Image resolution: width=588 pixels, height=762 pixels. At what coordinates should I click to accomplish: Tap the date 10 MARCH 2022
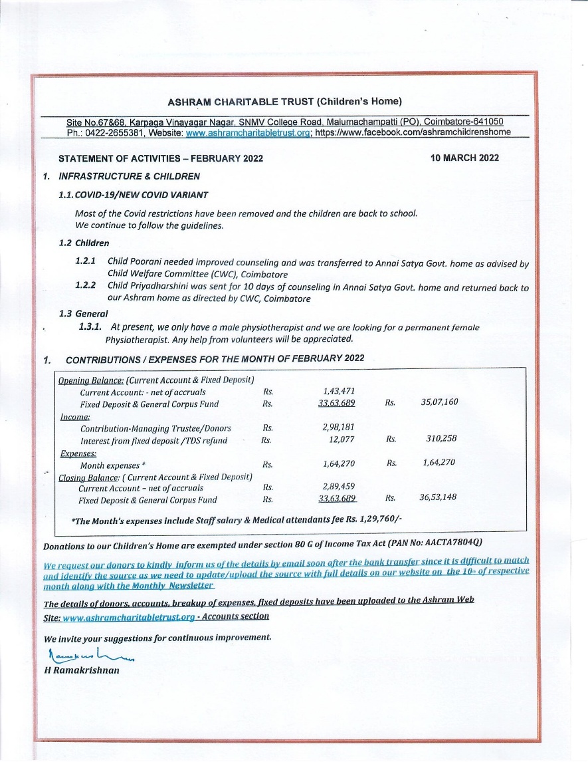pyautogui.click(x=464, y=158)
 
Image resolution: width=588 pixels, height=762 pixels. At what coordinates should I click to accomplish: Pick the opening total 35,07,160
pyautogui.click(x=439, y=402)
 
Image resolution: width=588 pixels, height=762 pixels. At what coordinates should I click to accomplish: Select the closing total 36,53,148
pyautogui.click(x=438, y=497)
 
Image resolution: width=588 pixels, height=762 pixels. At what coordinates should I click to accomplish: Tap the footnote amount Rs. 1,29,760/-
pyautogui.click(x=377, y=521)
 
